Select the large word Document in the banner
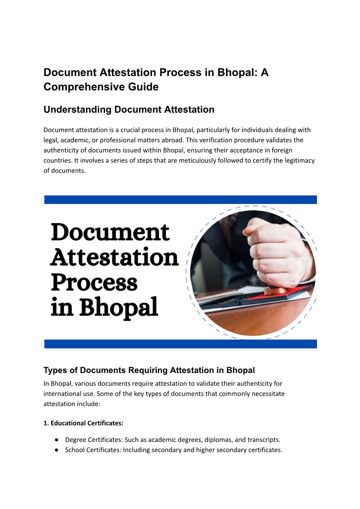[x=110, y=233]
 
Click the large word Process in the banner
[x=94, y=282]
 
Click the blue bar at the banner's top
[x=180, y=200]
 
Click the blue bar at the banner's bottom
[x=180, y=344]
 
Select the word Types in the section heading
[x=54, y=370]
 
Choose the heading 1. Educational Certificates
[x=83, y=423]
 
